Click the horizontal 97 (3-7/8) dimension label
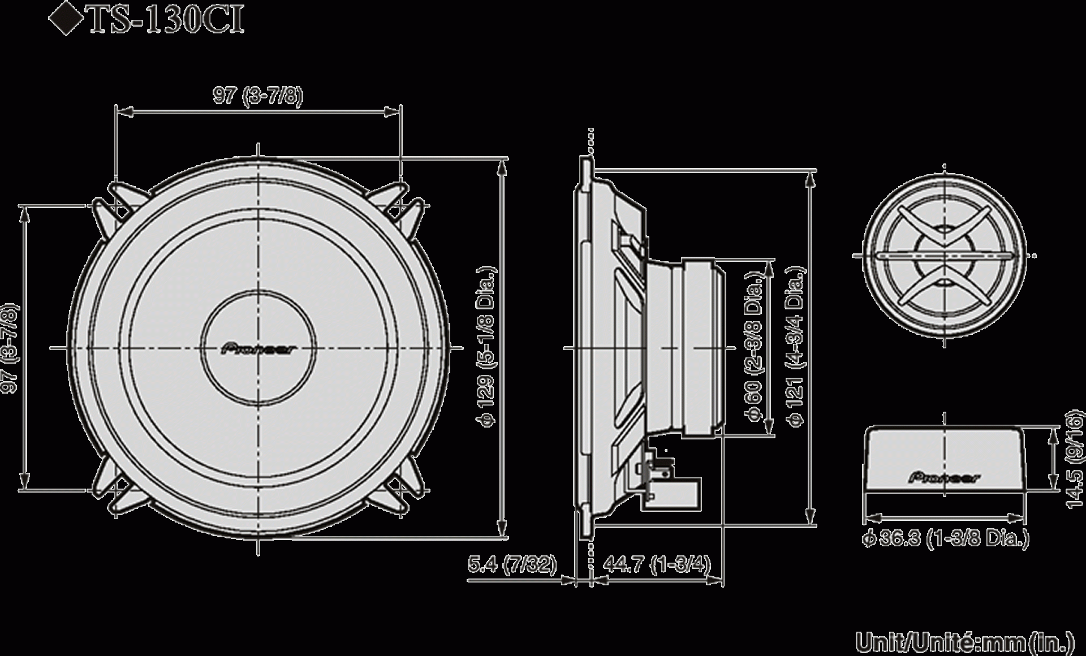[258, 96]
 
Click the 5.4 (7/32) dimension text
[512, 564]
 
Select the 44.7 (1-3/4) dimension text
[656, 564]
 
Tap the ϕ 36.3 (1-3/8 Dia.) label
[945, 539]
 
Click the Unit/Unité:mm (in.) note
[964, 643]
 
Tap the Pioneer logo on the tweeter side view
[944, 478]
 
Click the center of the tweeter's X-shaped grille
[944, 256]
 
